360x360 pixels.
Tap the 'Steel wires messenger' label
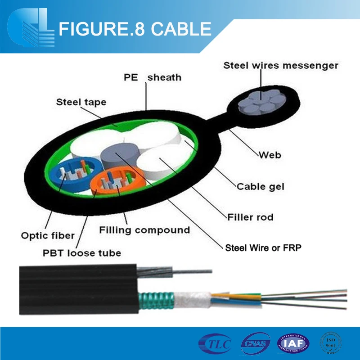coord(281,66)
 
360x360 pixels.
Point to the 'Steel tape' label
coord(81,102)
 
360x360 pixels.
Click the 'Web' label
coord(270,155)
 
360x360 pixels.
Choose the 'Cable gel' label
coord(261,186)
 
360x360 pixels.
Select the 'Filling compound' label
coord(144,230)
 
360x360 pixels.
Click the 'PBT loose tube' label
coord(82,253)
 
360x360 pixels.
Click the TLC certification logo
coord(215,344)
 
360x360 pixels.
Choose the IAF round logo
coord(293,344)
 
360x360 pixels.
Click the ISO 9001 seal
coord(332,344)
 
